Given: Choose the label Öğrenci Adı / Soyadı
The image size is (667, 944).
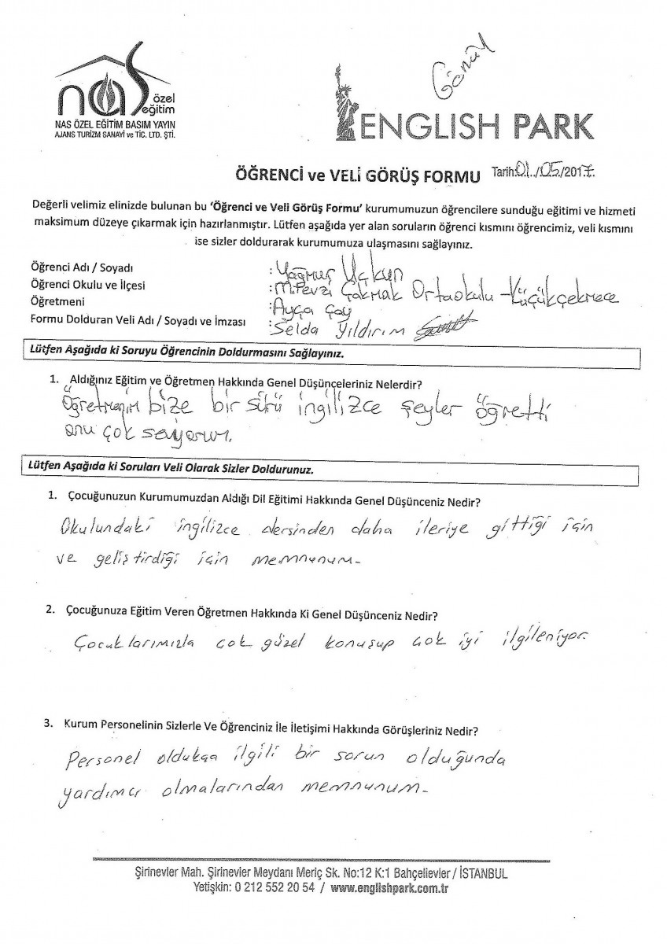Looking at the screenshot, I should (81, 268).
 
